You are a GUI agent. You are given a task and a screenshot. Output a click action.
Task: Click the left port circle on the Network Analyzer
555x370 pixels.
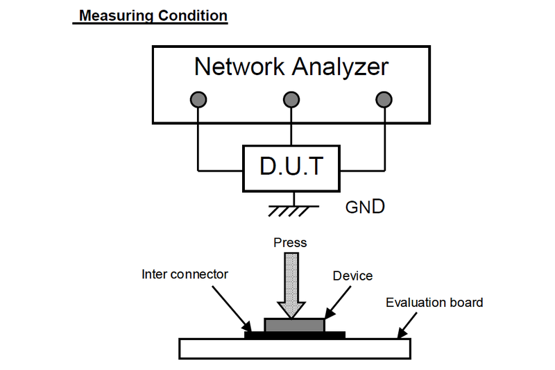(x=198, y=99)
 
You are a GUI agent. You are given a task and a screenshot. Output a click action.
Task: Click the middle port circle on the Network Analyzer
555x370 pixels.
(x=291, y=99)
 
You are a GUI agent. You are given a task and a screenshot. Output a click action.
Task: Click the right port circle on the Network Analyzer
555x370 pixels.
(x=384, y=99)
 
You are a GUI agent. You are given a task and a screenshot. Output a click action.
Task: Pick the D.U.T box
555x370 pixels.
(x=291, y=167)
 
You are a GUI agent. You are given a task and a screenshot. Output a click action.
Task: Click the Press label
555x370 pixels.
(x=290, y=242)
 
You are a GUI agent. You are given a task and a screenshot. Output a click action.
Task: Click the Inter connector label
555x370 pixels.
(x=185, y=274)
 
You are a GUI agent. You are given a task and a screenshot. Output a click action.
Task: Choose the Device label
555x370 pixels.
(x=352, y=276)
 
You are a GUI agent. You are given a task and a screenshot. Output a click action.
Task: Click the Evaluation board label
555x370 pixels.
(x=434, y=302)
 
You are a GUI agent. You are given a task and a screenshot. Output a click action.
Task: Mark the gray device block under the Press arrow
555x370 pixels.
(x=294, y=324)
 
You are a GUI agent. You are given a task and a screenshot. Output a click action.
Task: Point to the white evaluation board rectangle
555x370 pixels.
(x=295, y=348)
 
